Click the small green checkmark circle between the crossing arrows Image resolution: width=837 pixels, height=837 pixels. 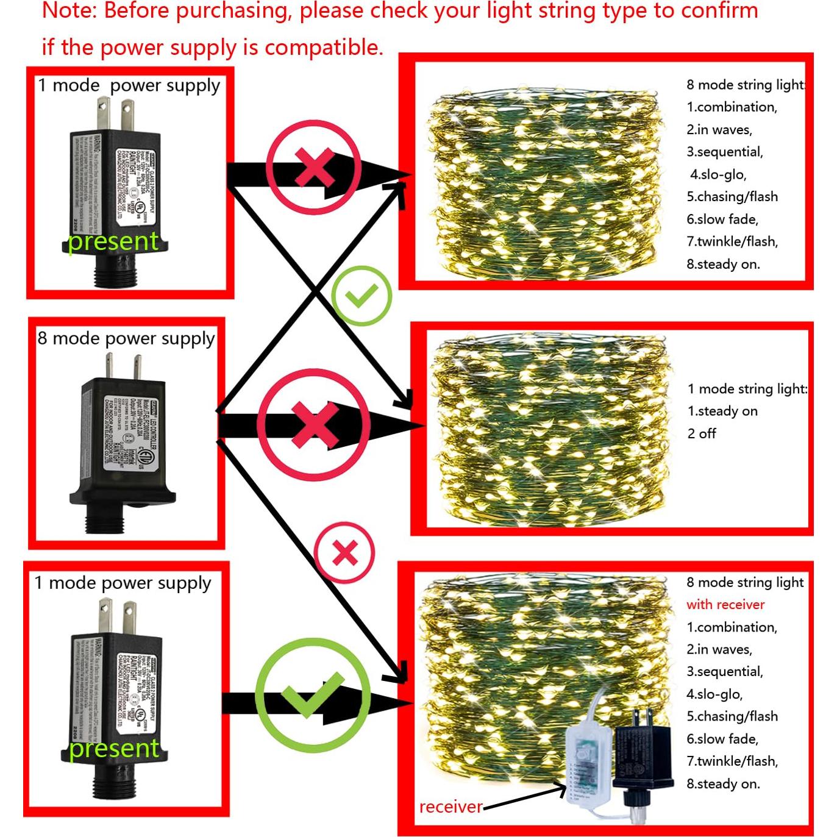pos(362,296)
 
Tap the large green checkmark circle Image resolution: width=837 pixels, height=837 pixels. pos(313,695)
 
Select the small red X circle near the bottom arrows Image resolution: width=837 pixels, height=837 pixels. pos(344,553)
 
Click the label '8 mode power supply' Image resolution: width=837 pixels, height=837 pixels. pos(126,338)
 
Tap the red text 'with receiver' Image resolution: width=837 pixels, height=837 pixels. pos(725,605)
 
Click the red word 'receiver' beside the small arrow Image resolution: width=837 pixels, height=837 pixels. pos(451,807)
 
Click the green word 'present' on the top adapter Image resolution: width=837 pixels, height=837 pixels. pos(113,241)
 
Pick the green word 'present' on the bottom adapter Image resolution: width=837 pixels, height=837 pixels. pos(114,748)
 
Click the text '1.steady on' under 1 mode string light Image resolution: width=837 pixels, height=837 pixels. pos(722,411)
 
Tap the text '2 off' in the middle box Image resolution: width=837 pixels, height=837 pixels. pos(702,434)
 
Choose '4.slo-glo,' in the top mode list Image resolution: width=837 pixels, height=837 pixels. pos(718,175)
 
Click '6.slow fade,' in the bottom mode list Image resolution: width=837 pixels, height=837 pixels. pos(722,739)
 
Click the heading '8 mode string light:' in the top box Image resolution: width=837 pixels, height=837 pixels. pos(746,85)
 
